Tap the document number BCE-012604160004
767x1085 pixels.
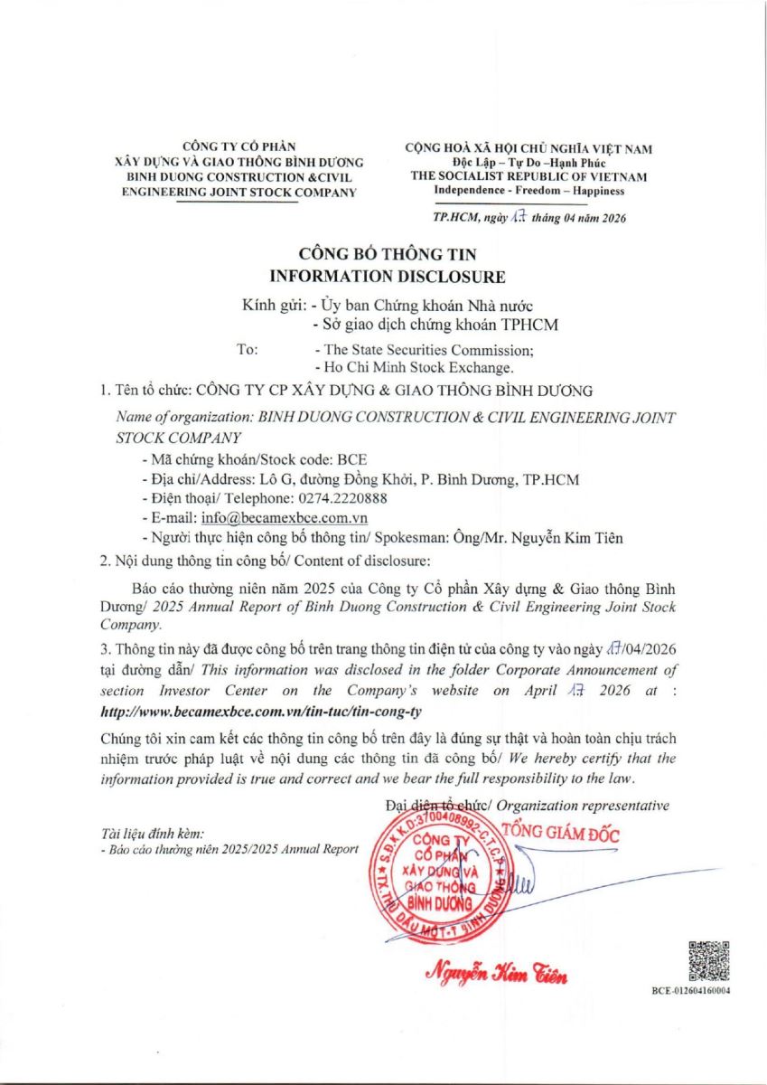tap(691, 991)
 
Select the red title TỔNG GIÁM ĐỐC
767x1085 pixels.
tap(560, 834)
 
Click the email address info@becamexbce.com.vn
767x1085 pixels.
tap(284, 519)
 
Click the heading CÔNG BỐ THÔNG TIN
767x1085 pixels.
tap(383, 255)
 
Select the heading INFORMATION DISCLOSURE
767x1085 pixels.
tap(383, 277)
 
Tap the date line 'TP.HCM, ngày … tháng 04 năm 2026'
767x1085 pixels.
tap(529, 218)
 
